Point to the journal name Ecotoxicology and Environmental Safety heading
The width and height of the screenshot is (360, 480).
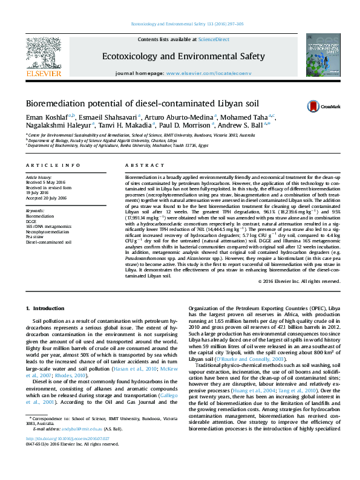click(183, 56)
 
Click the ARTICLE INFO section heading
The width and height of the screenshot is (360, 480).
click(53, 165)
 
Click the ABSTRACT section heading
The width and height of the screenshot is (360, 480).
click(140, 165)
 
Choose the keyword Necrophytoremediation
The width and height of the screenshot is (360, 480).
click(47, 231)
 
